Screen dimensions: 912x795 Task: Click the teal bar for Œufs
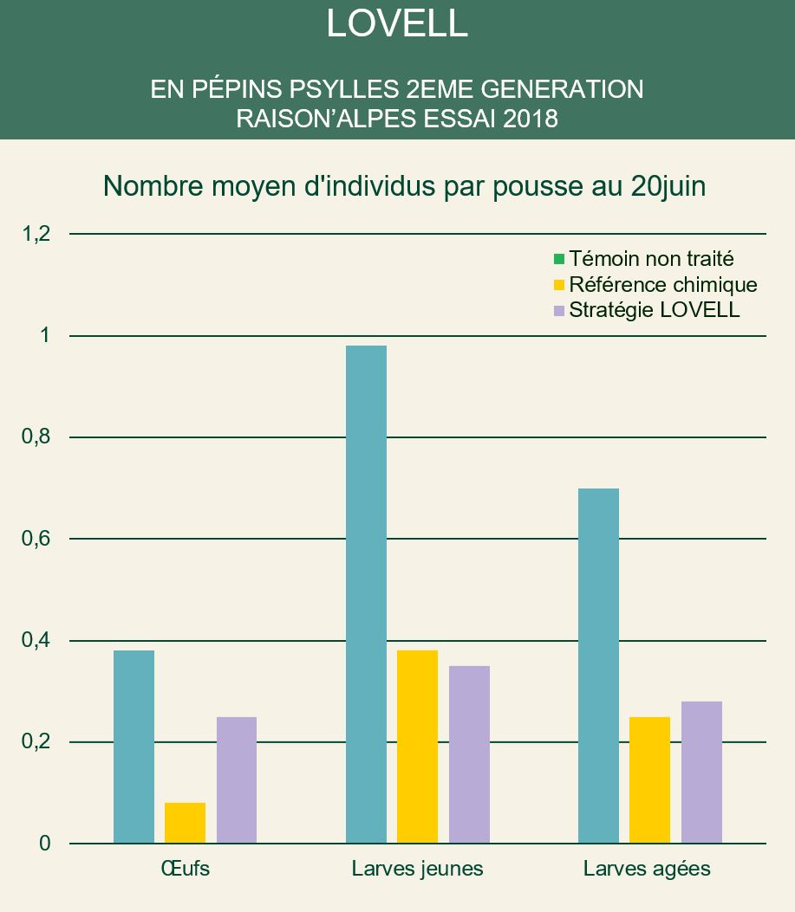pyautogui.click(x=134, y=747)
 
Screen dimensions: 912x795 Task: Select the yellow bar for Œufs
pyautogui.click(x=185, y=823)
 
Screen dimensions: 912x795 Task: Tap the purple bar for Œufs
pyautogui.click(x=237, y=779)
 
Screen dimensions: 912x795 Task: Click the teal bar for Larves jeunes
pyautogui.click(x=366, y=594)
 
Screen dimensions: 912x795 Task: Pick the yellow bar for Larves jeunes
pyautogui.click(x=417, y=747)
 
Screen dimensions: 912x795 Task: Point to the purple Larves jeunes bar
pyautogui.click(x=469, y=754)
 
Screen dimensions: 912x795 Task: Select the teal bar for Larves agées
pyautogui.click(x=598, y=665)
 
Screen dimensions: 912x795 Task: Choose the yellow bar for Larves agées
pyautogui.click(x=649, y=779)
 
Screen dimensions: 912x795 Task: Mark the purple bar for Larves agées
pyautogui.click(x=701, y=772)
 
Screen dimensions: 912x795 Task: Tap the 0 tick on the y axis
pyautogui.click(x=44, y=844)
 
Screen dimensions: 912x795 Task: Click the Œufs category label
pyautogui.click(x=185, y=869)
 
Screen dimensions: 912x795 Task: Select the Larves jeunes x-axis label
pyautogui.click(x=417, y=869)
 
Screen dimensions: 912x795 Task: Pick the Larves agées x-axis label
pyautogui.click(x=647, y=869)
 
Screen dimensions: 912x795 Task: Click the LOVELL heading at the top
pyautogui.click(x=397, y=24)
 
